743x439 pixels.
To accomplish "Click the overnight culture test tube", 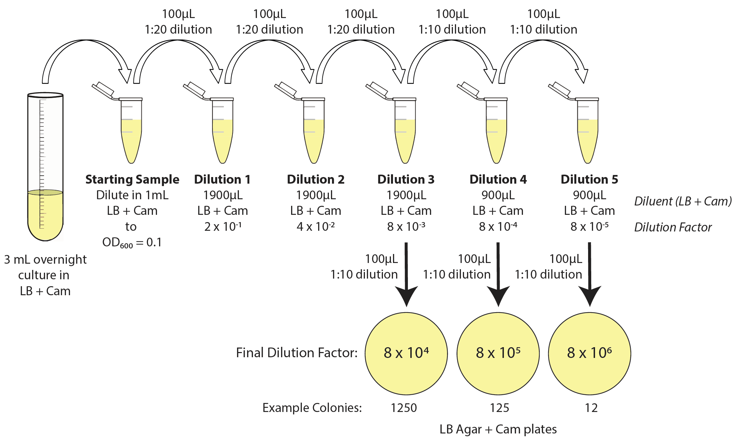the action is [x=45, y=166].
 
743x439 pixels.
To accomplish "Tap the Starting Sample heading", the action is [x=132, y=179].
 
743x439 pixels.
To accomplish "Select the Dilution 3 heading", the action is [x=406, y=179].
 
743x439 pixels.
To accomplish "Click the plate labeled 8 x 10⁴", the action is [x=406, y=353].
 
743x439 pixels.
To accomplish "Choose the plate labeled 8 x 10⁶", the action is [x=589, y=353].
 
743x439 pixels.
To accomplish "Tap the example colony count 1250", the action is [x=404, y=408].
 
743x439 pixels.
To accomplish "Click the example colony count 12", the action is [x=591, y=408].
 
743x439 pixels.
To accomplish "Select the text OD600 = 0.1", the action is [x=132, y=243].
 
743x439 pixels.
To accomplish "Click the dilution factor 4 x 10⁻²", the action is [x=316, y=227].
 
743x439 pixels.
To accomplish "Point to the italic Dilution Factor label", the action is [x=673, y=227].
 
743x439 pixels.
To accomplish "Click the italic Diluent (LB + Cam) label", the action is [x=683, y=201].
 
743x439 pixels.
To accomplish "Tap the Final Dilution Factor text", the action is [x=297, y=353].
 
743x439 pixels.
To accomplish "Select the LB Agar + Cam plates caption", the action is [x=498, y=429].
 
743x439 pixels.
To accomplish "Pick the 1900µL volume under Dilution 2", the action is [x=316, y=195].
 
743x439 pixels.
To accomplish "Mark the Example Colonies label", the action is [x=312, y=408].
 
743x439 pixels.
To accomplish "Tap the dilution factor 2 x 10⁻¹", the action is [x=223, y=227].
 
